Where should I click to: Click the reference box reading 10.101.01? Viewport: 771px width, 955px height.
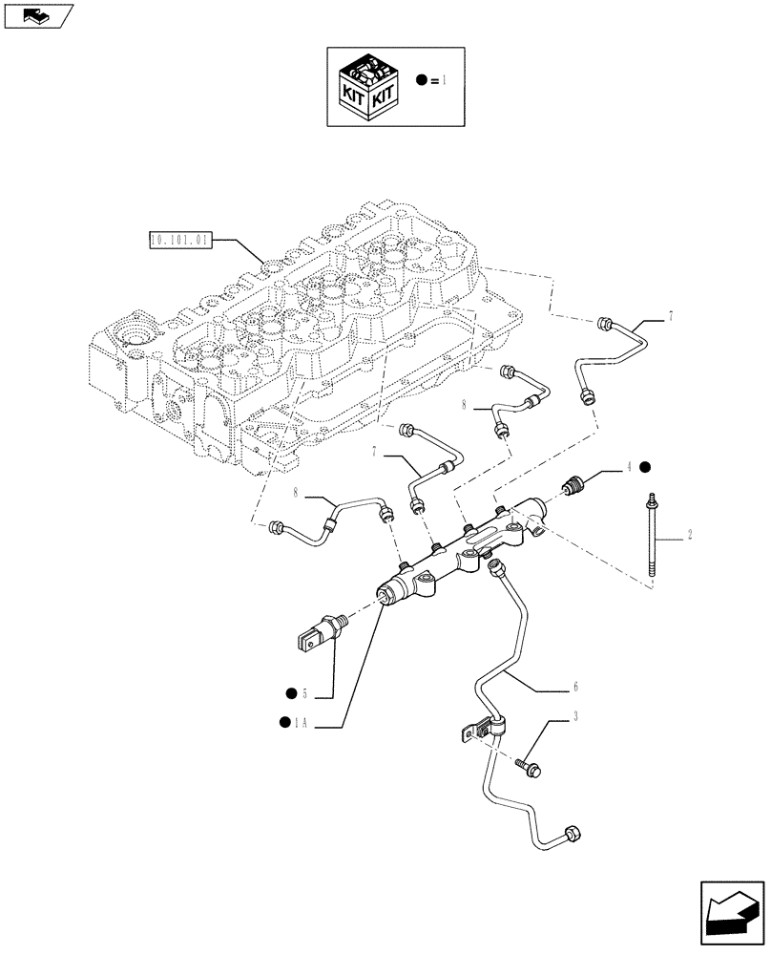pyautogui.click(x=179, y=239)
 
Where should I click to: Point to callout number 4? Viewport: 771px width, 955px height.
pyautogui.click(x=630, y=467)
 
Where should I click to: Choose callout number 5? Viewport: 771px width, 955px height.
pyautogui.click(x=303, y=691)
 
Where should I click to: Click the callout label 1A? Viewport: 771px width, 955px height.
pyautogui.click(x=302, y=723)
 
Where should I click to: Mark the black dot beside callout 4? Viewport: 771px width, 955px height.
pyautogui.click(x=646, y=467)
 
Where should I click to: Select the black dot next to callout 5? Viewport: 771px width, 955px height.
pyautogui.click(x=287, y=691)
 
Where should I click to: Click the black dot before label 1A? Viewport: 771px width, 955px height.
pyautogui.click(x=284, y=723)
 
